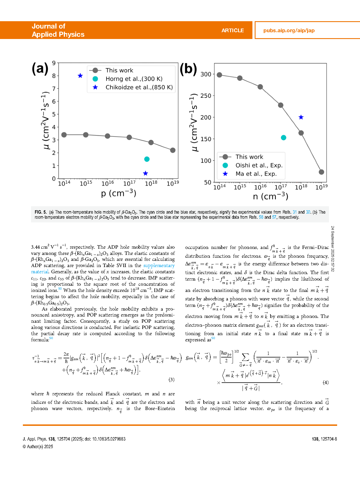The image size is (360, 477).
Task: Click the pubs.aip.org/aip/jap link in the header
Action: (289, 31)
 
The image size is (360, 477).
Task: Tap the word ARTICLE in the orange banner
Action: (232, 31)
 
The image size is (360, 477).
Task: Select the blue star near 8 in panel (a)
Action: (80, 76)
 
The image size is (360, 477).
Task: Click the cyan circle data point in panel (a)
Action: (147, 159)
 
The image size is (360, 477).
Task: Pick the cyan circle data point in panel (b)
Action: (283, 138)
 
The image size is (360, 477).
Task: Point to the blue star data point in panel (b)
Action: (301, 117)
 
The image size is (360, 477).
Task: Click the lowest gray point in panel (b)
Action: (321, 172)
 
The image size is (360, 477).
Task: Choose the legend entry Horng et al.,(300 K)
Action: (134, 79)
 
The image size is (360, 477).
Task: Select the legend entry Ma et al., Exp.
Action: (256, 174)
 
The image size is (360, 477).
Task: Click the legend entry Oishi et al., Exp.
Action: (259, 165)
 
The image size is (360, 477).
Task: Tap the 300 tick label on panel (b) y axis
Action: (206, 74)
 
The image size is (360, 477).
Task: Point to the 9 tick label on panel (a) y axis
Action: (54, 63)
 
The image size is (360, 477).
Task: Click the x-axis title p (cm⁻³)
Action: (119, 193)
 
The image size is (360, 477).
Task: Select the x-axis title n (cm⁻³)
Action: (270, 196)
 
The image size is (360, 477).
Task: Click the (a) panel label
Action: (40, 69)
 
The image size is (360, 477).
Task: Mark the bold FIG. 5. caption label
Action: (41, 212)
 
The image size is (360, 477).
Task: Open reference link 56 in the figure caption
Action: (261, 217)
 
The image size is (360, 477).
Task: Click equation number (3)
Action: (171, 380)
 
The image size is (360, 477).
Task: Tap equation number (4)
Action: (326, 382)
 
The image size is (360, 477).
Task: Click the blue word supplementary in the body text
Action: (159, 266)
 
